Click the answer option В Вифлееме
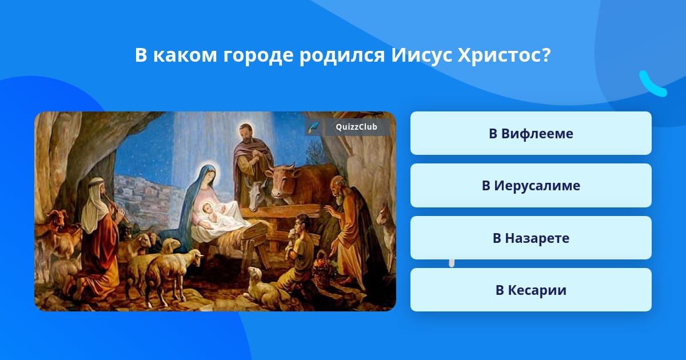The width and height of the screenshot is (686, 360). [x=531, y=133]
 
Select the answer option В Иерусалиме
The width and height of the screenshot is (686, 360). [x=531, y=186]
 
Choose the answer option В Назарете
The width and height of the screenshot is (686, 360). [x=531, y=238]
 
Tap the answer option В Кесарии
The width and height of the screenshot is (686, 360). [x=531, y=290]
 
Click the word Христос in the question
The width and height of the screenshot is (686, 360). [x=504, y=55]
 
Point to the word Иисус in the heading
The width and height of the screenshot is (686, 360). [x=421, y=55]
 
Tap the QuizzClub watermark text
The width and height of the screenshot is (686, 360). [x=356, y=127]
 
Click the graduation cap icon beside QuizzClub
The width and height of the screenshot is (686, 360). [x=313, y=127]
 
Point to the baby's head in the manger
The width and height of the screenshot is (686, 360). [x=208, y=209]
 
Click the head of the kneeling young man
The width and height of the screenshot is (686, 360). [x=302, y=222]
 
